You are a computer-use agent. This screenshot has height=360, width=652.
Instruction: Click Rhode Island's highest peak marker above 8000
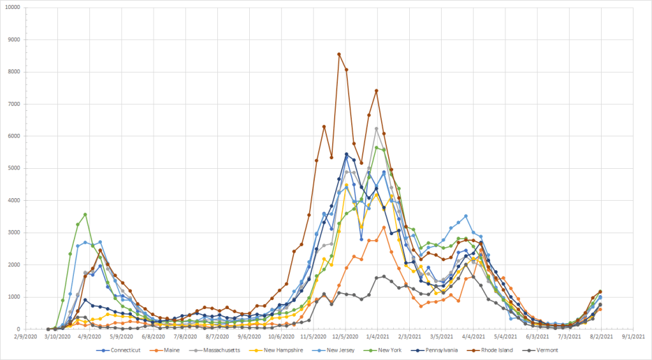coord(339,54)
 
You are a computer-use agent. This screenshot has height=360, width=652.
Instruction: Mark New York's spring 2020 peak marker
coord(85,215)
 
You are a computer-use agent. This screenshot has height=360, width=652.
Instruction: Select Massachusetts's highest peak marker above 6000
coord(377,129)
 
